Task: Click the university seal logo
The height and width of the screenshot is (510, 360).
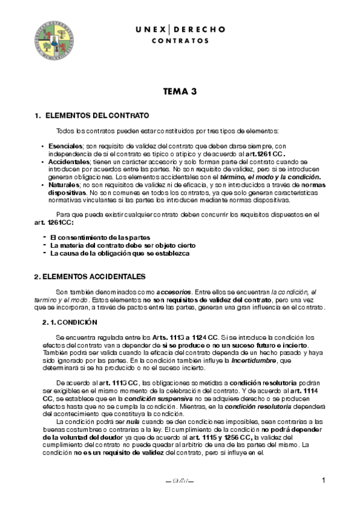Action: (x=53, y=40)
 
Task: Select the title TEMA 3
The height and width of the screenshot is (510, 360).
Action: (x=180, y=92)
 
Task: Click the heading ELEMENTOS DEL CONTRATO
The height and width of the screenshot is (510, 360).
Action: (x=97, y=115)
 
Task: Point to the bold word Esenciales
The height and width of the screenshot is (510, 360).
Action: (x=66, y=146)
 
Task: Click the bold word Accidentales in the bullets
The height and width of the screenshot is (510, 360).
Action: (x=70, y=162)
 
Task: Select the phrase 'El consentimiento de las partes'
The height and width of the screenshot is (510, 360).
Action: (x=100, y=238)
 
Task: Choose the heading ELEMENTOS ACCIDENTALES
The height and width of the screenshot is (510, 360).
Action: (x=90, y=277)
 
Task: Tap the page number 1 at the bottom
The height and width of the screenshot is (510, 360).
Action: (x=323, y=480)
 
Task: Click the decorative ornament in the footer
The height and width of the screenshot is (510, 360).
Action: (x=180, y=481)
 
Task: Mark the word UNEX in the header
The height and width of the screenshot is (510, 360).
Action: (x=147, y=29)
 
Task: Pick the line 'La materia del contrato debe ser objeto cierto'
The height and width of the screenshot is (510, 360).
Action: (x=123, y=246)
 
